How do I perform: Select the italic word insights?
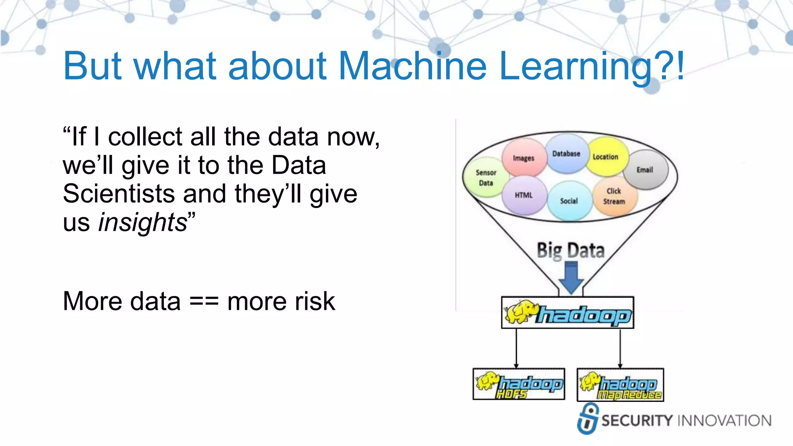(x=142, y=223)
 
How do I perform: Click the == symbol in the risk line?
(x=204, y=302)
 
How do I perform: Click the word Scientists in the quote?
(x=118, y=194)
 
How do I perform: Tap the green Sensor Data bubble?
(x=486, y=178)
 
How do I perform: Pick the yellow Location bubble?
(x=606, y=156)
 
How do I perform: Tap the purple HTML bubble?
(x=524, y=196)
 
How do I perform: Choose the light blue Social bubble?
(x=569, y=201)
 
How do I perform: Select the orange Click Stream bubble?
(x=614, y=196)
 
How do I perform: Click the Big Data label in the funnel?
(x=570, y=250)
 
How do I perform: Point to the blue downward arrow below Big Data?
(x=571, y=278)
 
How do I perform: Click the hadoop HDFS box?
(x=519, y=384)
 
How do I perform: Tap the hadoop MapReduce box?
(x=620, y=385)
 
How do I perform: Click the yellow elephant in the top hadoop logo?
(x=520, y=312)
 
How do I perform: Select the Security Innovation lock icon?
(x=588, y=419)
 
